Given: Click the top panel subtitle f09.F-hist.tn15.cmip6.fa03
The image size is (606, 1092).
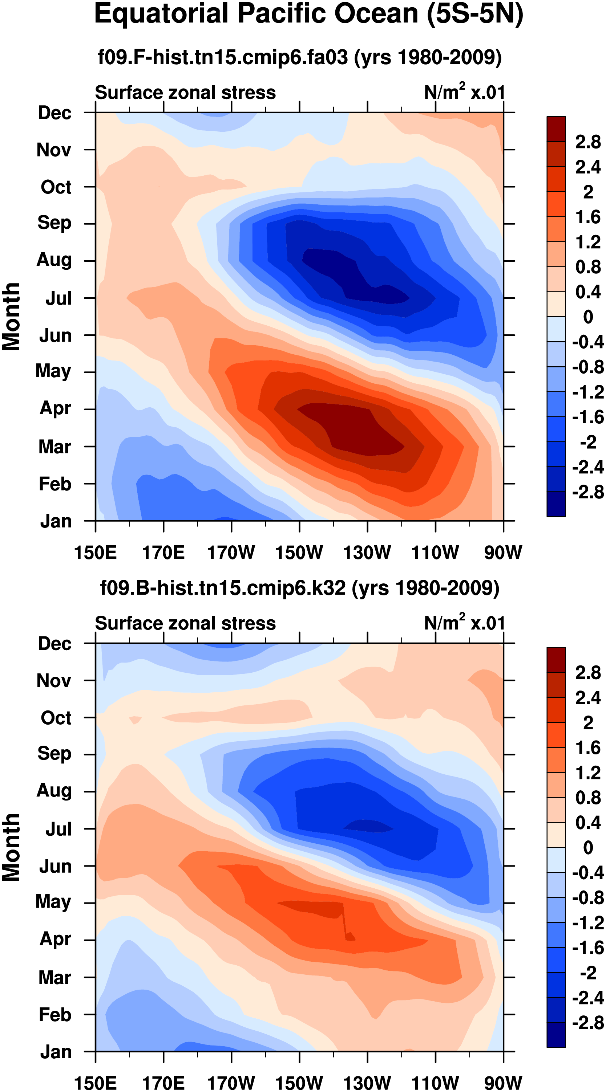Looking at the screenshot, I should tap(300, 57).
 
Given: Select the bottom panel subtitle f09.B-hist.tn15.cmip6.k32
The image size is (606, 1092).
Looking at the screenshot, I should tap(300, 588).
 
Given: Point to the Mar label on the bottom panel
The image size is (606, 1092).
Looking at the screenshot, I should tap(55, 978).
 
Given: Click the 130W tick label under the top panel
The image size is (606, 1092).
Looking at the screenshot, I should tap(367, 553).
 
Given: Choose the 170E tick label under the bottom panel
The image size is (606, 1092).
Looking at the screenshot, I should tap(163, 1083).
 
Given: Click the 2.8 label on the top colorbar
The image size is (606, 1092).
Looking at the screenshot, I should tap(588, 142).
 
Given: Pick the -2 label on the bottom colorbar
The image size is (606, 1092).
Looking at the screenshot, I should tap(588, 973).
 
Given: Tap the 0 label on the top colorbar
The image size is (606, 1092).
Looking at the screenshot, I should tap(588, 317).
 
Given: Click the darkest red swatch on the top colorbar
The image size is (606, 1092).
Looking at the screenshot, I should tap(556, 129).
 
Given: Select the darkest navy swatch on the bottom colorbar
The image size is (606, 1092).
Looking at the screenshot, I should tap(556, 1034).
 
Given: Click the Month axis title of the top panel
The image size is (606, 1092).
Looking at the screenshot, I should tap(12, 317).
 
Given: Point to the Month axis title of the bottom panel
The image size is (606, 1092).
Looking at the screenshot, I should tap(12, 847).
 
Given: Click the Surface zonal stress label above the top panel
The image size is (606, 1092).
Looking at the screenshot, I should tap(185, 93).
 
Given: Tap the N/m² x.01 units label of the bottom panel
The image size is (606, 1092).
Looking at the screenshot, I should tap(464, 623).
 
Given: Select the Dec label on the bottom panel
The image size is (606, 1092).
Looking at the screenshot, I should tap(54, 644).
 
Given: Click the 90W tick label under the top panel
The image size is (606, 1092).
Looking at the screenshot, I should tap(503, 553).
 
